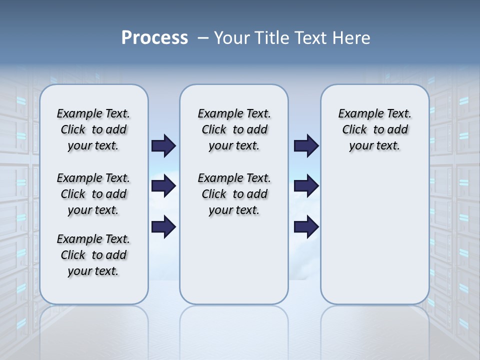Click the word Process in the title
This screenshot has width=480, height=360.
click(x=154, y=37)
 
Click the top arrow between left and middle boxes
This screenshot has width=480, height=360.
click(x=163, y=145)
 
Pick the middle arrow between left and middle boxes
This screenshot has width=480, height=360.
click(x=163, y=186)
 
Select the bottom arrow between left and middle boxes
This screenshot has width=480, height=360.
click(x=163, y=226)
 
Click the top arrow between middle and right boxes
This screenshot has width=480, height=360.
click(x=306, y=145)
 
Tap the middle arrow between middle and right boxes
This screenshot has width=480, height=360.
click(x=306, y=186)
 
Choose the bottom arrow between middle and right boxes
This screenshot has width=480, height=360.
click(x=306, y=226)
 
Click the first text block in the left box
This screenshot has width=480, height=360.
click(x=93, y=129)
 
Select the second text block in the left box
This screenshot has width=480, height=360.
click(x=93, y=194)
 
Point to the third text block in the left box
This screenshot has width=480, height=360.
click(x=93, y=255)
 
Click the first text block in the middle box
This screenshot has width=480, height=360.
click(x=234, y=129)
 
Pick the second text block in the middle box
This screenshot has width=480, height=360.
click(x=234, y=194)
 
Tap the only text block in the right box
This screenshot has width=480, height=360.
click(x=375, y=129)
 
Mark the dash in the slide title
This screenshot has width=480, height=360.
click(x=203, y=38)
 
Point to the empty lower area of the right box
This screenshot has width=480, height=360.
click(x=375, y=235)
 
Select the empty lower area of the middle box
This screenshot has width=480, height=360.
click(x=234, y=260)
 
